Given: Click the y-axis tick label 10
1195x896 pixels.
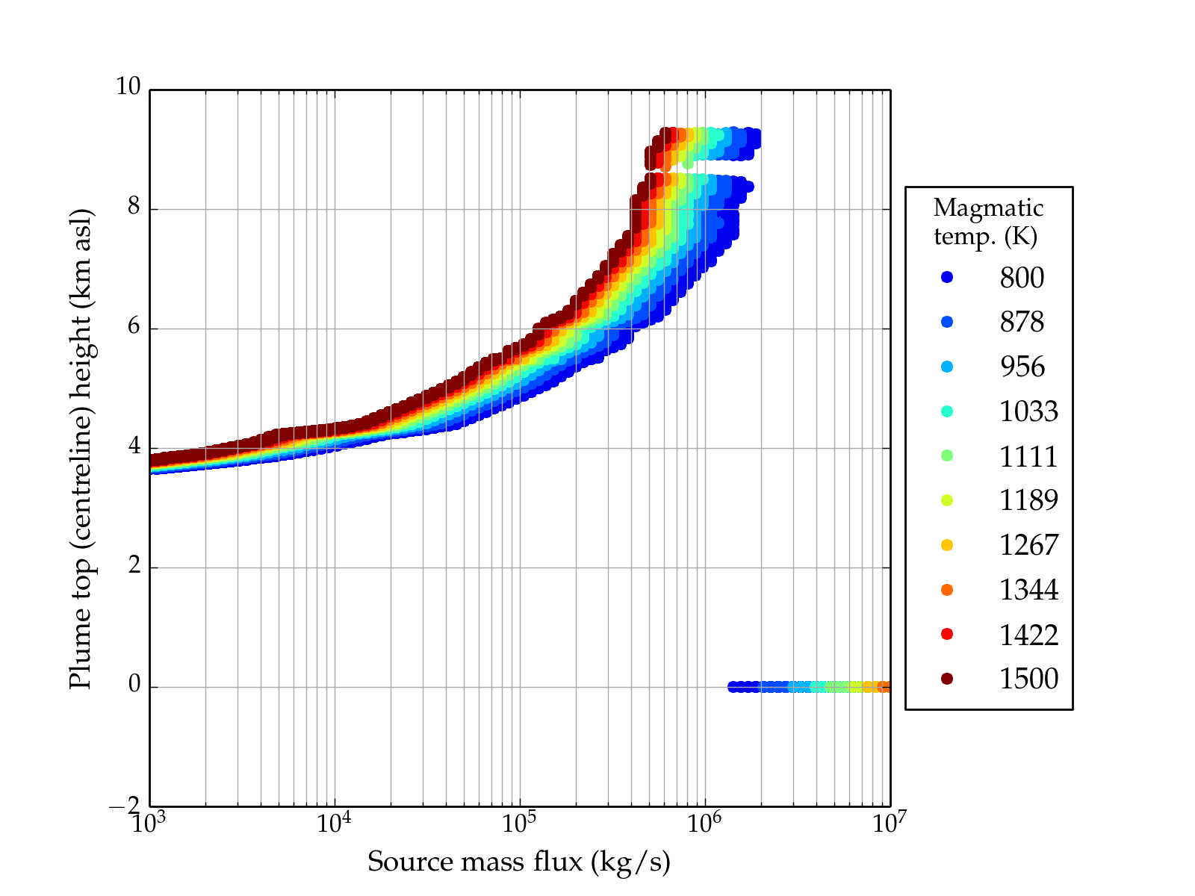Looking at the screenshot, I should coord(128,87).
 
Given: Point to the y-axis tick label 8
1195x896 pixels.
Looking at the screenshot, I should coord(134,207).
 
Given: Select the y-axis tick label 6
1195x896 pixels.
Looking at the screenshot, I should coord(134,326).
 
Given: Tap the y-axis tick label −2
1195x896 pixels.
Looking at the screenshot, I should coord(125,806).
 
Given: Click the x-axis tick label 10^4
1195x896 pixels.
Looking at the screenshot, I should coord(333,823).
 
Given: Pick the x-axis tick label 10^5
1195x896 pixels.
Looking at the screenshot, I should coord(518,823).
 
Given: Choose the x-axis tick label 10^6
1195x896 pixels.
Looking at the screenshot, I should coord(704,823).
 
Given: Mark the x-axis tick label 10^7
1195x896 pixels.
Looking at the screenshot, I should coord(889,823).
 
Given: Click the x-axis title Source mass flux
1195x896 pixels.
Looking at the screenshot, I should coord(518,862).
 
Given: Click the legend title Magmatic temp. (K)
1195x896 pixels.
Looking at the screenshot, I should coord(987,222).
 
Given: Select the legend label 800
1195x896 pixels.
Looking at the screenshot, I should coord(1022,278).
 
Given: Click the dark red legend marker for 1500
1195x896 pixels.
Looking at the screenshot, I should coord(947,679).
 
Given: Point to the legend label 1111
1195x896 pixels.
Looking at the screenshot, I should coord(1028,456).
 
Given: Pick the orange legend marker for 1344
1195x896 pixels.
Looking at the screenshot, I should coord(947,590).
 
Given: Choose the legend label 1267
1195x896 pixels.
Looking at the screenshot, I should coord(1028,545).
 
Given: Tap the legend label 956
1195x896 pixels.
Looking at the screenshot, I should coord(1022,367).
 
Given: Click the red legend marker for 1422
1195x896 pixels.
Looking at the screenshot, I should coord(947,634).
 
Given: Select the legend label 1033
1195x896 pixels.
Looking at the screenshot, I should coord(1028,411).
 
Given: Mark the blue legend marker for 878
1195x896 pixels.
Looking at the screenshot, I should coord(947,322).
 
